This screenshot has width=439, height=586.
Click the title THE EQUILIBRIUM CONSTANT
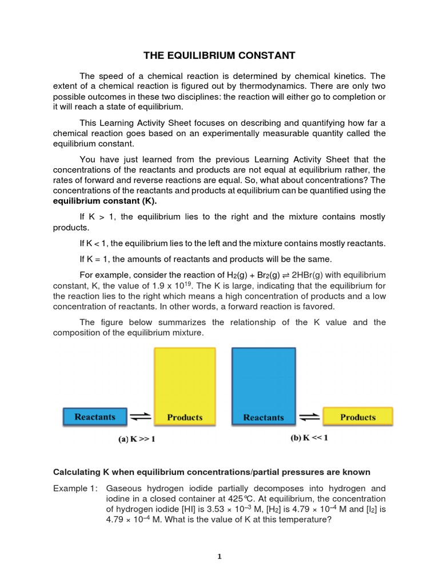tap(219, 56)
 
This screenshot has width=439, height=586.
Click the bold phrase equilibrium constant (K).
tap(105, 201)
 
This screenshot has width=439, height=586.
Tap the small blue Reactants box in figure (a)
tap(95, 417)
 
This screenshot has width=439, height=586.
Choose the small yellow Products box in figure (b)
tap(358, 417)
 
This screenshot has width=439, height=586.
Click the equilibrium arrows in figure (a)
tap(141, 417)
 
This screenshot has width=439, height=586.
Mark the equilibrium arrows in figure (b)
tap(309, 417)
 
